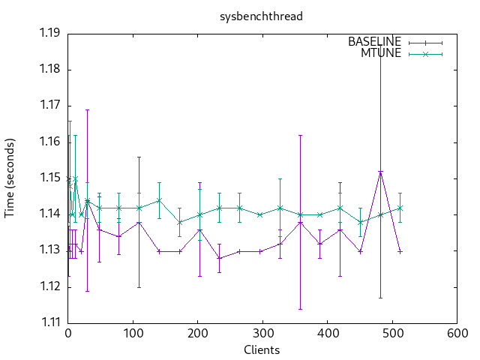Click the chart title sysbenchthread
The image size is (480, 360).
click(x=261, y=16)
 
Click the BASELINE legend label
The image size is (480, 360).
click(x=374, y=42)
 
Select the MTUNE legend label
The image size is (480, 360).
click(x=382, y=53)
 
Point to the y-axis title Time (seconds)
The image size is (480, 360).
click(x=10, y=178)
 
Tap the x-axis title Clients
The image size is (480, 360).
click(x=262, y=350)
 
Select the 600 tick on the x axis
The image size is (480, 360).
click(x=457, y=334)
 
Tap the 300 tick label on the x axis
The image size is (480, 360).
click(x=262, y=334)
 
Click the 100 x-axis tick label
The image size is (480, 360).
click(x=133, y=334)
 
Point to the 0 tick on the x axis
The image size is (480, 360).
click(x=68, y=334)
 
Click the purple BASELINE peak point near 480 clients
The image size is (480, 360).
click(x=380, y=171)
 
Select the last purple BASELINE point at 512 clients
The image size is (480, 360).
click(x=400, y=251)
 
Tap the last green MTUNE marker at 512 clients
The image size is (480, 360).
click(x=400, y=208)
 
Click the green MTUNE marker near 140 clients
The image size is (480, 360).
click(x=159, y=200)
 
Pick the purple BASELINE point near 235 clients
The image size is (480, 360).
click(x=220, y=258)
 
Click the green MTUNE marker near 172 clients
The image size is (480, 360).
click(x=179, y=222)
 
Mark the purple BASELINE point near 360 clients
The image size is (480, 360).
click(x=300, y=222)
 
